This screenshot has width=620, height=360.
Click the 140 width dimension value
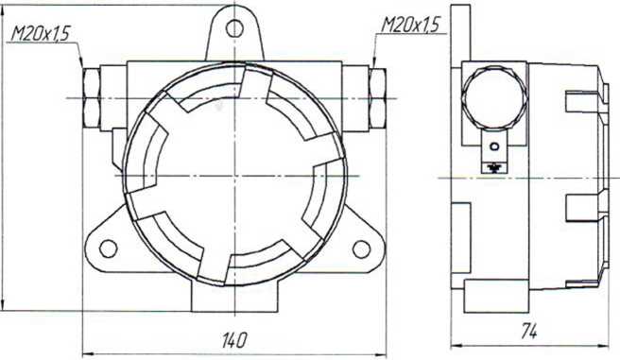(x=234, y=340)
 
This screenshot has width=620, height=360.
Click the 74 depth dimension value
(x=528, y=331)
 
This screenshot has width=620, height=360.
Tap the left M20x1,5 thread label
(x=40, y=34)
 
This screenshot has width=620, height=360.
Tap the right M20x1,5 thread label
(x=410, y=26)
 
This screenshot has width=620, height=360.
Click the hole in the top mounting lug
(x=234, y=28)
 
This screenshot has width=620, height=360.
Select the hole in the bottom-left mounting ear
(x=108, y=249)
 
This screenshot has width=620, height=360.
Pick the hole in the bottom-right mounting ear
(x=361, y=249)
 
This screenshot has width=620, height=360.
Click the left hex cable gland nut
(x=91, y=98)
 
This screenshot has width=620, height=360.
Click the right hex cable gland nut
(x=378, y=98)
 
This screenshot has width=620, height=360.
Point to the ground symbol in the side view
(x=494, y=168)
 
